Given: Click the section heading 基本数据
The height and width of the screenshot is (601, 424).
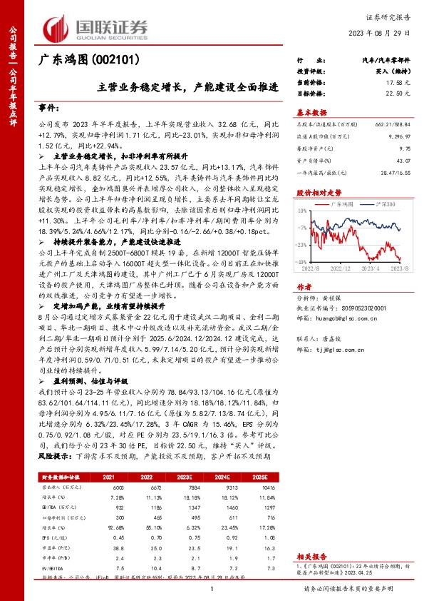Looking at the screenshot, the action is pos(311,112).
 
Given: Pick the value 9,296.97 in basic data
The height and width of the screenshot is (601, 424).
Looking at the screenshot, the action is pos(398,134).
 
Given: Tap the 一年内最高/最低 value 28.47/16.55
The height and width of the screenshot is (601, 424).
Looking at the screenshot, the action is pos(396,173).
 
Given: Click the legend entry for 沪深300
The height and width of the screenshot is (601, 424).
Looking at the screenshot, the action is pos(386,204).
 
